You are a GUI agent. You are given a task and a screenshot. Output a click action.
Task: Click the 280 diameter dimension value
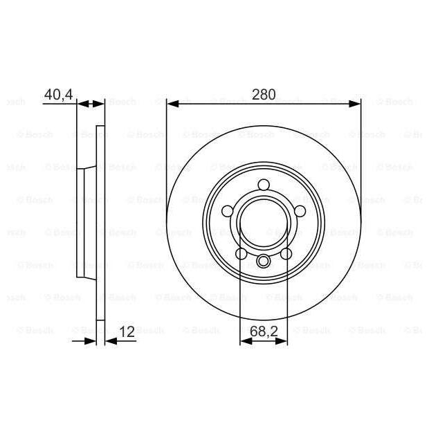pyautogui.click(x=264, y=94)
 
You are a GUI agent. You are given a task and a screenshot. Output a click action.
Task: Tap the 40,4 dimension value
pyautogui.click(x=59, y=95)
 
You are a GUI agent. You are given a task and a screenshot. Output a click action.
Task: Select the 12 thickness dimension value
pyautogui.click(x=127, y=331)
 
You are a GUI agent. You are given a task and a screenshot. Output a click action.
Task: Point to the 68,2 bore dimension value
pyautogui.click(x=264, y=331)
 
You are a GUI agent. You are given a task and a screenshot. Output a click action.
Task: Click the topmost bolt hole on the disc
pyautogui.click(x=264, y=185)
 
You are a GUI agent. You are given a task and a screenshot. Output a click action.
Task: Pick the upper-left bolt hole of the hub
pyautogui.click(x=228, y=211)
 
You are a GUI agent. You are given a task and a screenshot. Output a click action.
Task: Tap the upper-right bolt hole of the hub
pyautogui.click(x=300, y=211)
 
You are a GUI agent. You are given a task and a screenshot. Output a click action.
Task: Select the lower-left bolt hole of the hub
pyautogui.click(x=241, y=254)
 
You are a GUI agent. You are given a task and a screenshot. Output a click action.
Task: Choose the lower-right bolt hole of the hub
pyautogui.click(x=286, y=254)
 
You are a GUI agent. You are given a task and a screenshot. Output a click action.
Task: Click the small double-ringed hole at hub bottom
pyautogui.click(x=264, y=261)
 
